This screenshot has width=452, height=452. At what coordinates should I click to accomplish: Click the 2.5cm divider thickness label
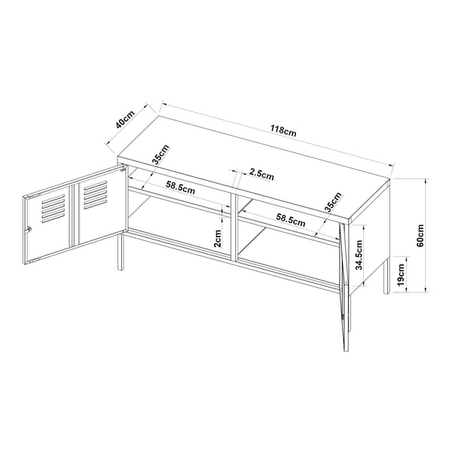261,174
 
